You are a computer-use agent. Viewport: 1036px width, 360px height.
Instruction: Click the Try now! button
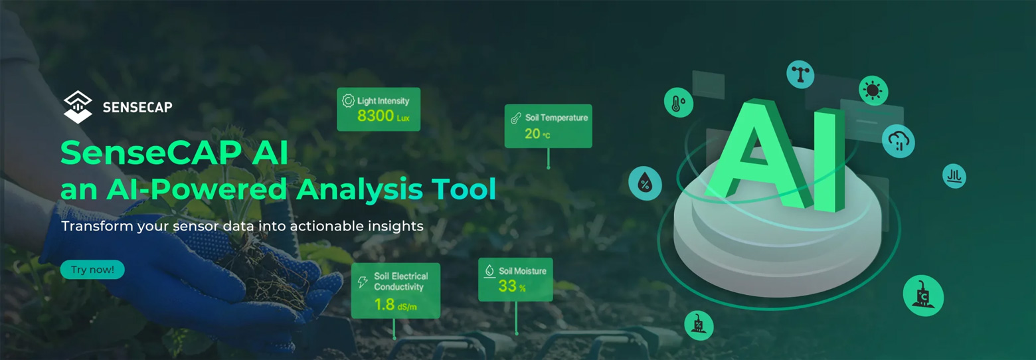pyautogui.click(x=92, y=270)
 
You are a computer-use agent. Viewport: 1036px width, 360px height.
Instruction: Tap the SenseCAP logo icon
pyautogui.click(x=78, y=107)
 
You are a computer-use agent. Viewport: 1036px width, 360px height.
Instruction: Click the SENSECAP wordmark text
pyautogui.click(x=137, y=108)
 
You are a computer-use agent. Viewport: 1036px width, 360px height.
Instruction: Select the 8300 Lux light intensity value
pyautogui.click(x=383, y=116)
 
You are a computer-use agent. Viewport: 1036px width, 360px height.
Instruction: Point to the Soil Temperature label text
pyautogui.click(x=557, y=118)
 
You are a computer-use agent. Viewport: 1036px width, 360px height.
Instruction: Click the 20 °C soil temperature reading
pyautogui.click(x=537, y=134)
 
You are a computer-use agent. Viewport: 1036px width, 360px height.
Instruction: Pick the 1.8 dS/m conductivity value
pyautogui.click(x=395, y=304)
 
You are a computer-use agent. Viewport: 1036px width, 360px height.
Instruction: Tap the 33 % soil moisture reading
pyautogui.click(x=512, y=286)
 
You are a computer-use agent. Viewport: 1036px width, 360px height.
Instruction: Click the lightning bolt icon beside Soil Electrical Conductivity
pyautogui.click(x=363, y=282)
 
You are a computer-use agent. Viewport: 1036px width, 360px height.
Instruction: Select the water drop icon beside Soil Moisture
pyautogui.click(x=489, y=271)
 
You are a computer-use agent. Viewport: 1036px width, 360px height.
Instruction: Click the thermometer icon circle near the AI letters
pyautogui.click(x=679, y=102)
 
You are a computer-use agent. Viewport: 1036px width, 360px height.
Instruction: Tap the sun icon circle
pyautogui.click(x=873, y=90)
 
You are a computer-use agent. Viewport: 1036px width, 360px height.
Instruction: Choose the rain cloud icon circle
pyautogui.click(x=898, y=141)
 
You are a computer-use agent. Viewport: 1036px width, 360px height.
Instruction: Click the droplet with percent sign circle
pyautogui.click(x=646, y=183)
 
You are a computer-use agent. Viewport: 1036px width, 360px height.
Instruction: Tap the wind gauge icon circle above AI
pyautogui.click(x=801, y=74)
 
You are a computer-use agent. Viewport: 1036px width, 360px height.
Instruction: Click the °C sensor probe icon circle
pyautogui.click(x=923, y=296)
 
